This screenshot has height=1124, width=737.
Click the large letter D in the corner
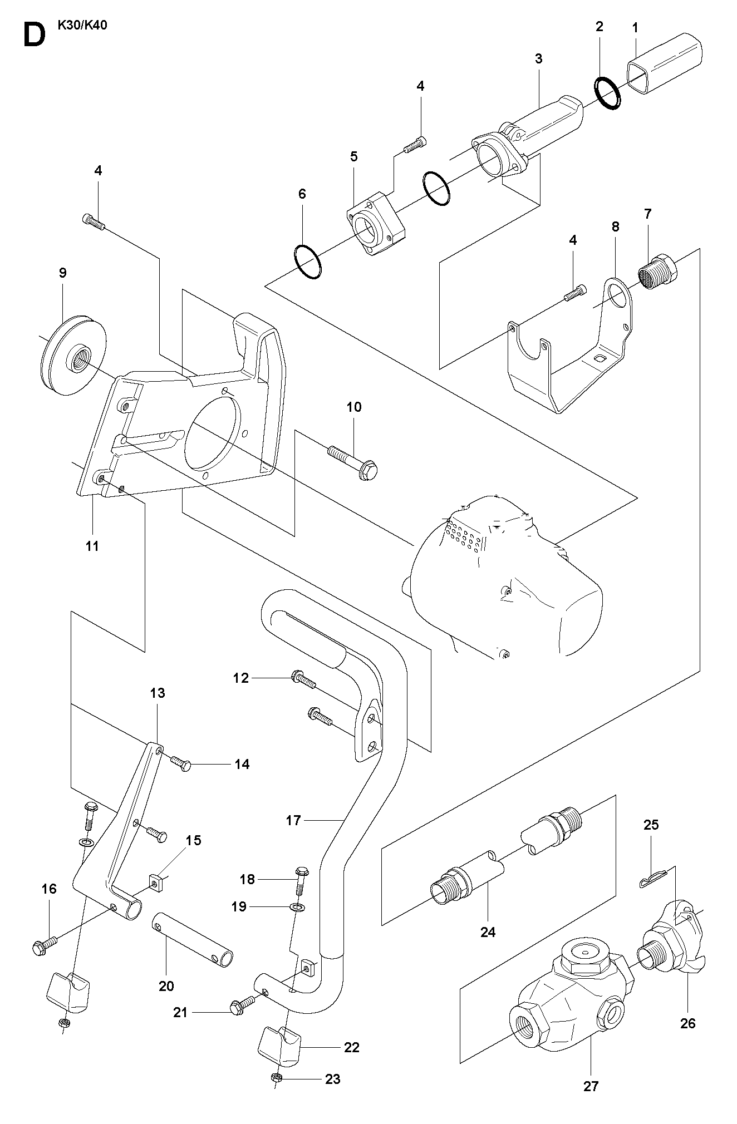coord(34,35)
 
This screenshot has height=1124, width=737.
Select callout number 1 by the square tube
coord(636,27)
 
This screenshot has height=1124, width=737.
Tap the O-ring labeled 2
coord(607,93)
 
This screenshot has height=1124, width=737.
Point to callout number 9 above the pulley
coord(62,273)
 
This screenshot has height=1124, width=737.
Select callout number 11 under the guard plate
coord(92,546)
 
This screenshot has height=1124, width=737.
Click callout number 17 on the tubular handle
coord(293,820)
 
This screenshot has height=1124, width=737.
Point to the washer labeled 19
coord(298,909)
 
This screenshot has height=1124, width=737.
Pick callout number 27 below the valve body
coord(591,1101)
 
